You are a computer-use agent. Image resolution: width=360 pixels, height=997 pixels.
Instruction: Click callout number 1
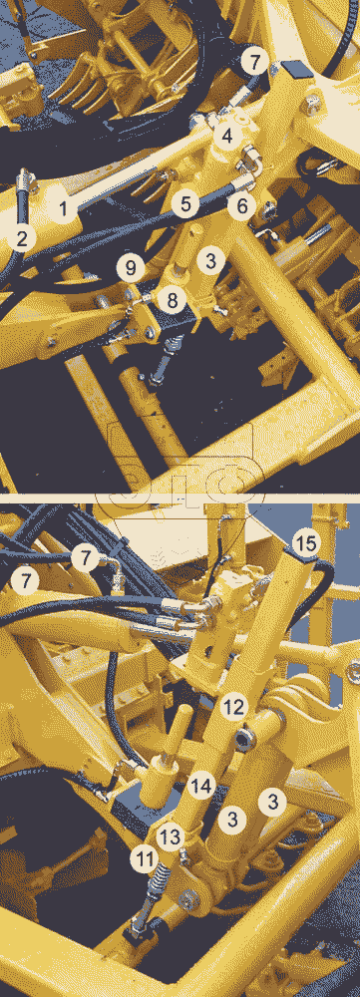63,209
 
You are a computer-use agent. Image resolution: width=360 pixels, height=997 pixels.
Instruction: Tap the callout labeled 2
22,239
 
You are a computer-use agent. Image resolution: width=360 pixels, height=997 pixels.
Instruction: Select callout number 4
226,136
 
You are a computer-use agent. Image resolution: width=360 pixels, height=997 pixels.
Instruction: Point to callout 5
185,204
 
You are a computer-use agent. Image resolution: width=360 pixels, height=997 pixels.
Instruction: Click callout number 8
172,299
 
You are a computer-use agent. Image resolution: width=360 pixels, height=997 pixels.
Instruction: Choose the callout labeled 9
131,267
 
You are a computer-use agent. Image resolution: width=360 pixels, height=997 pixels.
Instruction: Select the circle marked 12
233,706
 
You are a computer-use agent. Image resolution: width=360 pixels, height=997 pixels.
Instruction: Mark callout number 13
170,836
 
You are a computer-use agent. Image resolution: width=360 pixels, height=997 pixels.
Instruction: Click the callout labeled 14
201,787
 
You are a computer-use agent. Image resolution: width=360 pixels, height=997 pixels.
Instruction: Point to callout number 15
307,543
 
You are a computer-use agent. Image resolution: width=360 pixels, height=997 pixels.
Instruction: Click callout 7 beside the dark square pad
254,62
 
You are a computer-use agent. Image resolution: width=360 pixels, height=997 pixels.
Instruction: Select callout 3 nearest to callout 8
211,260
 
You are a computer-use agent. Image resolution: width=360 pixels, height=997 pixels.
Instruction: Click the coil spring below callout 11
157,882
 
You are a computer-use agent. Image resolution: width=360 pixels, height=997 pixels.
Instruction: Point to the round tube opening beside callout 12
246,737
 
